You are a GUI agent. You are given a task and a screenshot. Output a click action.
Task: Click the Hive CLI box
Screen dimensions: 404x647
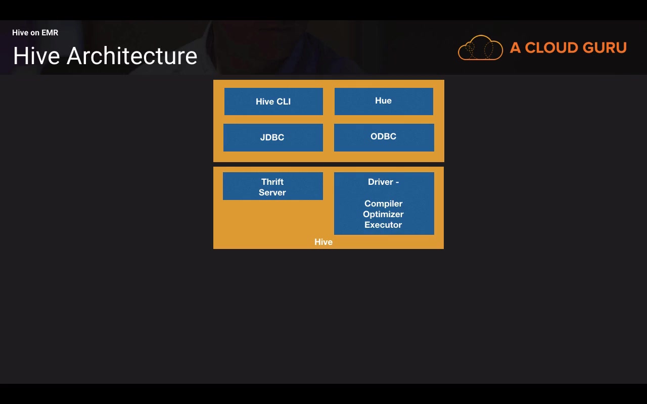point(273,102)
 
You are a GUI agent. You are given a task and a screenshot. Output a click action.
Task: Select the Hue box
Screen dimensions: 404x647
point(383,101)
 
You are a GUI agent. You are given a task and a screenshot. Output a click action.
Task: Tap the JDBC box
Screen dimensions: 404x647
point(272,137)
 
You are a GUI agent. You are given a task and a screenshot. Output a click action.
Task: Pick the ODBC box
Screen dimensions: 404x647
point(384,137)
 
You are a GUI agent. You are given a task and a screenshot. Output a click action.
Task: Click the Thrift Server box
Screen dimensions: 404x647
point(272,186)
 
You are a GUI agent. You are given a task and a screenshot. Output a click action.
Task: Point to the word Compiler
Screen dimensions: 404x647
point(383,204)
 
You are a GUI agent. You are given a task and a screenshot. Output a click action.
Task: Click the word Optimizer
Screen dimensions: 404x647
point(383,214)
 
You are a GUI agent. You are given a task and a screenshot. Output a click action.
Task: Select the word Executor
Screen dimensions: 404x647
point(383,225)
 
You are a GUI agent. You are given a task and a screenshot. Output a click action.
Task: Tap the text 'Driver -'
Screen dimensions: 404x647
point(383,182)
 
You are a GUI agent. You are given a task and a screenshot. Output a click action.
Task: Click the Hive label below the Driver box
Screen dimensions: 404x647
point(323,242)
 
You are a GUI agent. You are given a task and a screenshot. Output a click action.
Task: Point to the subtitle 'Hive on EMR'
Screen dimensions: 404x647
point(35,33)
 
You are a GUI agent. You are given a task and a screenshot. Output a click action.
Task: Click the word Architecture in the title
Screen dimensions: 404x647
point(132,56)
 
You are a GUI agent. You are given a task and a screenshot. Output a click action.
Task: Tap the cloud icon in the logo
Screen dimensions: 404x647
point(480,48)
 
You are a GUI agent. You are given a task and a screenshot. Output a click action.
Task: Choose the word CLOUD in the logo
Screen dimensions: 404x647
point(550,48)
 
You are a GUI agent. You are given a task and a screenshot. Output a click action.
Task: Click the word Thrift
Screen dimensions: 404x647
point(272,182)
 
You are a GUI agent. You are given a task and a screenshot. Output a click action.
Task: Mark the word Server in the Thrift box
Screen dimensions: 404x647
point(272,192)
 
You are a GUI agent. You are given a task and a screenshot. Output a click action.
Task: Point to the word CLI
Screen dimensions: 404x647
point(284,102)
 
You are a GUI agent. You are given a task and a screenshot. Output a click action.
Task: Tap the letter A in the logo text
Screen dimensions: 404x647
point(515,48)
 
